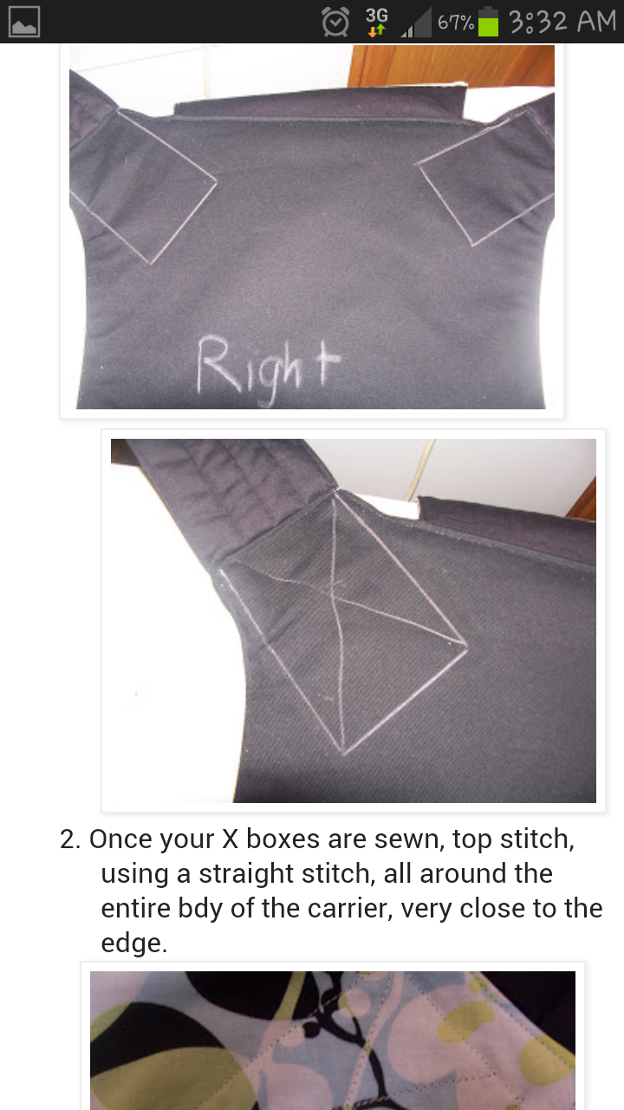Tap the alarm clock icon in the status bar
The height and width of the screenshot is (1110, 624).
(335, 22)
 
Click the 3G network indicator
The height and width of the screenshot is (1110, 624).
(377, 22)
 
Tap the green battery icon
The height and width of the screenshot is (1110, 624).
(488, 22)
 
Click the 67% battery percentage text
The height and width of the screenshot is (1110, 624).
(456, 23)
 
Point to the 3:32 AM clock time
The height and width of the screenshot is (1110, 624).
(562, 23)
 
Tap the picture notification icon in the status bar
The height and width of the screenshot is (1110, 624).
(23, 22)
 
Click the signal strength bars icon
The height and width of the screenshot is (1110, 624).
(416, 23)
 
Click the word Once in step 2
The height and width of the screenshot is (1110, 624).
(120, 839)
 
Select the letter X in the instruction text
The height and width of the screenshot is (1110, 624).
(230, 839)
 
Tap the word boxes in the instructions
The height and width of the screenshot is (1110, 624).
(283, 839)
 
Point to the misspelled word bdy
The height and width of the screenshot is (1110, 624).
(200, 909)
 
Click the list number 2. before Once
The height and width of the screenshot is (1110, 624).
(70, 839)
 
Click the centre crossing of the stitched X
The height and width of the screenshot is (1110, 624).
(333, 591)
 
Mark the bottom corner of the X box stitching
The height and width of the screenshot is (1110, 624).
(343, 754)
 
